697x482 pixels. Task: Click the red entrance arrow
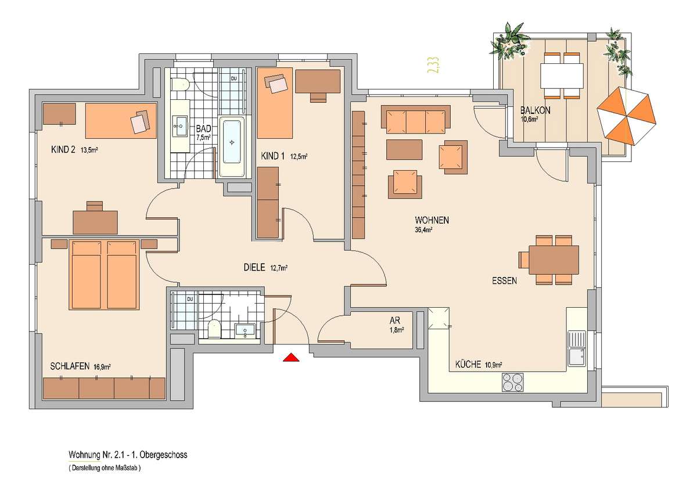pyautogui.click(x=291, y=358)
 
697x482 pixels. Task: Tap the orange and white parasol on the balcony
pyautogui.click(x=626, y=116)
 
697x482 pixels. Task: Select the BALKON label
pyautogui.click(x=535, y=110)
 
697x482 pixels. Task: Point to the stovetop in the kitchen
pyautogui.click(x=512, y=382)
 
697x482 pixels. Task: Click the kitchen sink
pyautogui.click(x=577, y=348)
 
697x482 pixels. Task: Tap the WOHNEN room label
pyautogui.click(x=432, y=220)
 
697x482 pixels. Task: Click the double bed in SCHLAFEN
pyautogui.click(x=104, y=274)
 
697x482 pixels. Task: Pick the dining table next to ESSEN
pyautogui.click(x=554, y=260)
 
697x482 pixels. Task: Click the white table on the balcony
pyautogui.click(x=562, y=75)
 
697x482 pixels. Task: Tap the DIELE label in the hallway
pyautogui.click(x=254, y=267)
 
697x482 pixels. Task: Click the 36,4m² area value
pyautogui.click(x=423, y=231)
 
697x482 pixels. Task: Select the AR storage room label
pyautogui.click(x=395, y=321)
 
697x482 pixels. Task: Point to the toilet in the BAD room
pyautogui.click(x=181, y=84)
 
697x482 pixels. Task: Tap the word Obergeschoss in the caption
pyautogui.click(x=163, y=455)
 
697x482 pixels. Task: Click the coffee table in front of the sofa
pyautogui.click(x=404, y=149)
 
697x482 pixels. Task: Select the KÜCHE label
pyautogui.click(x=468, y=364)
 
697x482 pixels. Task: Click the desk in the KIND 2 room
pyautogui.click(x=95, y=222)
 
